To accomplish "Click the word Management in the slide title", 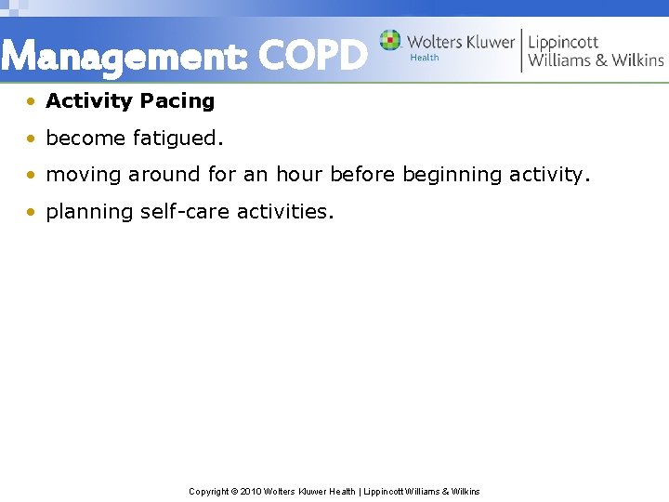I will click(x=123, y=58).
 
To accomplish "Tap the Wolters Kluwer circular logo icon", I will click(x=390, y=41).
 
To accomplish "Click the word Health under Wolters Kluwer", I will click(x=425, y=58).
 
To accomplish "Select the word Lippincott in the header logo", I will click(x=563, y=42).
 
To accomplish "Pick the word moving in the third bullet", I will click(x=84, y=175).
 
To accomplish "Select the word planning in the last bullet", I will click(x=89, y=212).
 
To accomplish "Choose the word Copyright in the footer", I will click(x=209, y=491).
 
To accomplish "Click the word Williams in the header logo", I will click(x=561, y=60).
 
